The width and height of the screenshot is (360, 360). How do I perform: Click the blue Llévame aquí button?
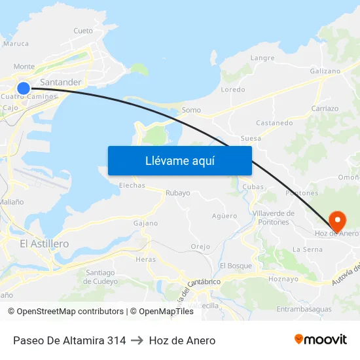[x=179, y=160]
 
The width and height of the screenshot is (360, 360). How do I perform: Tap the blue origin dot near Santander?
[x=24, y=88]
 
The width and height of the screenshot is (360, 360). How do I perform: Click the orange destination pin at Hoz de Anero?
[x=338, y=218]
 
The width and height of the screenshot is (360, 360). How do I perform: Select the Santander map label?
[x=61, y=82]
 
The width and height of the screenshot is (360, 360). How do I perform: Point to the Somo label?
[x=191, y=110]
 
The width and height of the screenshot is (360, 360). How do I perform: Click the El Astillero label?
[x=45, y=243]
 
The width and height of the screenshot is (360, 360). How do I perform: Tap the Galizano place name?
[x=325, y=71]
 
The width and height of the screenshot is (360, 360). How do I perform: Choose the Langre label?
[x=262, y=58]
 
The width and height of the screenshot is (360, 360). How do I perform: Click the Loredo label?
[x=233, y=90]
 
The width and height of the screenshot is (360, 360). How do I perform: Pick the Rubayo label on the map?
[x=178, y=193]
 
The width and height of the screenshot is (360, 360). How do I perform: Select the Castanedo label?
[x=274, y=122]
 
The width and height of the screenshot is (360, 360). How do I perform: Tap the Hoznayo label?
[x=283, y=279]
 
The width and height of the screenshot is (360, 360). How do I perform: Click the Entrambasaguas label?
[x=304, y=309]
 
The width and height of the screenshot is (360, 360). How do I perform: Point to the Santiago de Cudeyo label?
[x=101, y=277]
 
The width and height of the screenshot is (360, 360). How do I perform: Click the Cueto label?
[x=83, y=31]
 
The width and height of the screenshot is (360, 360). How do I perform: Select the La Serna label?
[x=307, y=249]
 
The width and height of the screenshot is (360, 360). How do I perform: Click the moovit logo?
[x=321, y=340]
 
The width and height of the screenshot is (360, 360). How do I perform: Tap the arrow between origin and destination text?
[x=137, y=340]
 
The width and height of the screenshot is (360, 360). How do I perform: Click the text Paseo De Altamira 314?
[x=69, y=340]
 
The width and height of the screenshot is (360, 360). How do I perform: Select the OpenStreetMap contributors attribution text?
[x=66, y=312]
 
